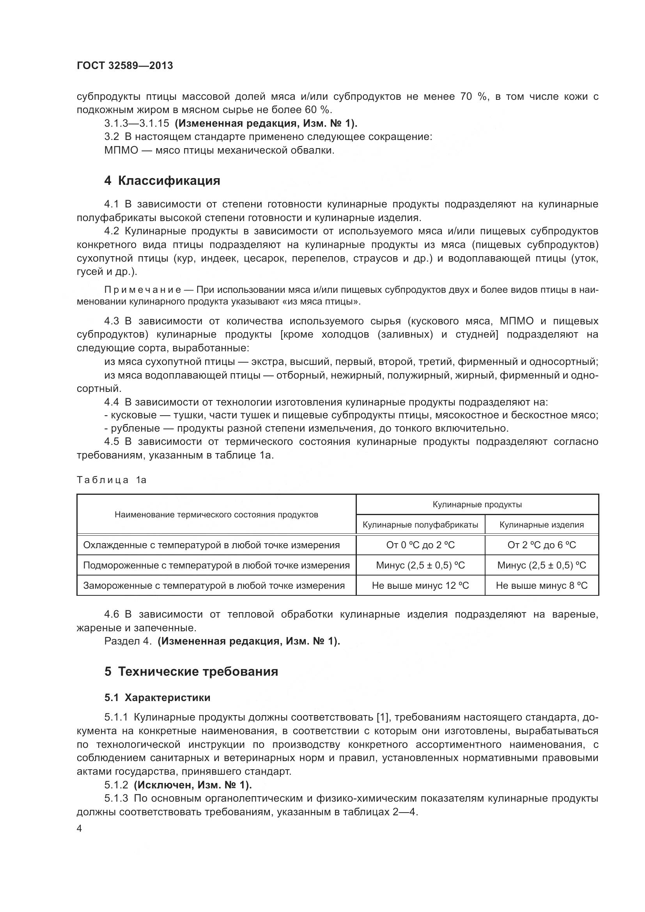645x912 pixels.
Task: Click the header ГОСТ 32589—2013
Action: (x=125, y=66)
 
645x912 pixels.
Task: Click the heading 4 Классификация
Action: (x=162, y=181)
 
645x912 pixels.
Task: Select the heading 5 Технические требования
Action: (x=191, y=671)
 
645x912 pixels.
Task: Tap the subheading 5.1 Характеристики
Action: (x=157, y=698)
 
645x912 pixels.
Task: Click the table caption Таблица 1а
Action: (x=112, y=480)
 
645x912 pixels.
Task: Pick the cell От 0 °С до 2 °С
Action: (x=420, y=545)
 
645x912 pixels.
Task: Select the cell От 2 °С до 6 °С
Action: (x=541, y=545)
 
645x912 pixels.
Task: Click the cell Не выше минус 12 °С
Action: (x=420, y=586)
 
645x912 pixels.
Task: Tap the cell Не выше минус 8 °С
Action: (x=541, y=586)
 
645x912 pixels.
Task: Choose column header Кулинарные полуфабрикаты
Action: (x=420, y=525)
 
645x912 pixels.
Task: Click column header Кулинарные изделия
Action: (x=541, y=525)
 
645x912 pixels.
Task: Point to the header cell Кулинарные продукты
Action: (x=477, y=505)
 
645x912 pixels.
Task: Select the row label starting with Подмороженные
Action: (x=216, y=565)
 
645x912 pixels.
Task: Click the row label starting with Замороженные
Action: (x=214, y=586)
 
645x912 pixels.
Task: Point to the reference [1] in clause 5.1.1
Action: (x=382, y=717)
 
